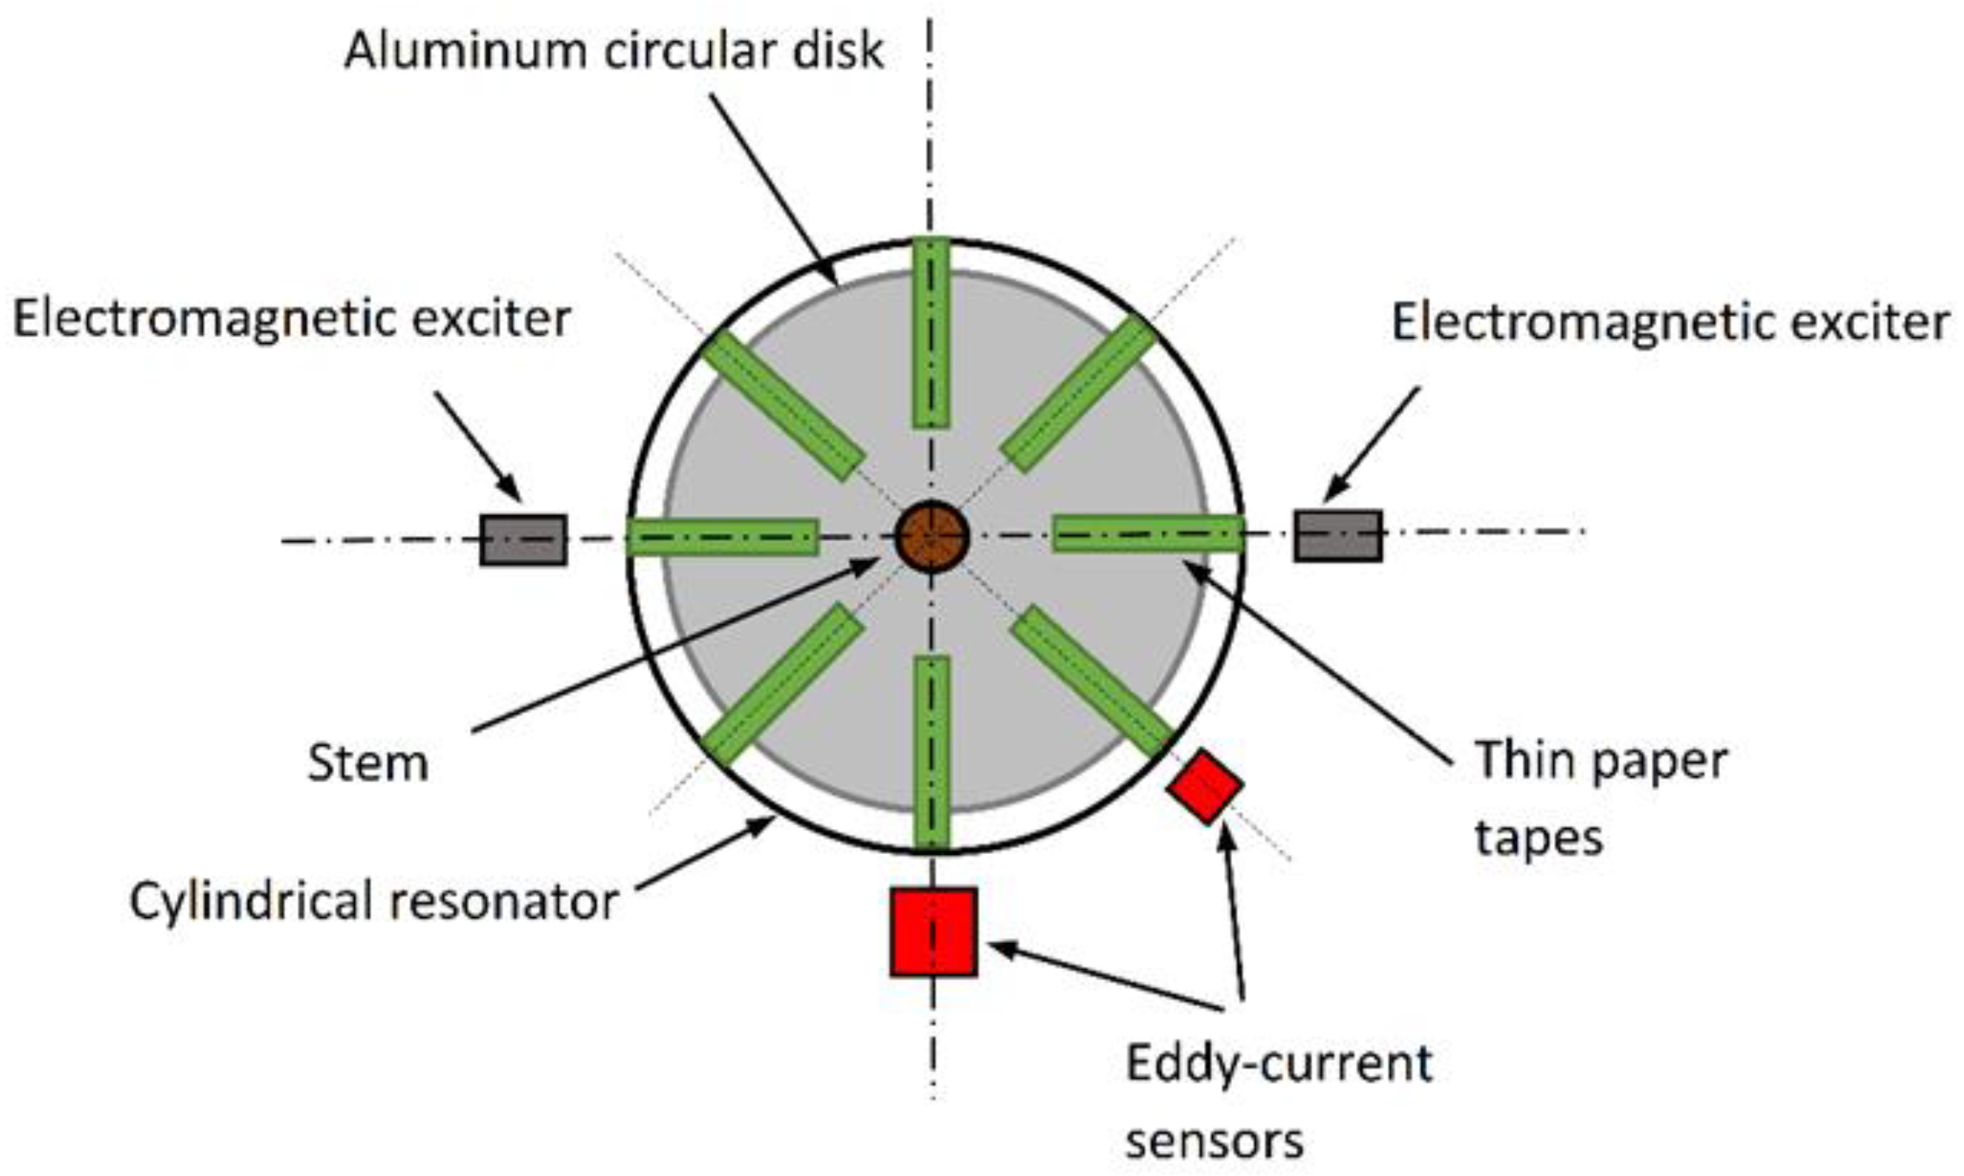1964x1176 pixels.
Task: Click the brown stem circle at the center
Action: tap(931, 536)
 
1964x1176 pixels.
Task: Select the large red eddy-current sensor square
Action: tap(933, 932)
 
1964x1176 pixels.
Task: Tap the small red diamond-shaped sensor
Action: tap(1204, 786)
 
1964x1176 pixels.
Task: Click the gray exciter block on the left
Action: tap(523, 539)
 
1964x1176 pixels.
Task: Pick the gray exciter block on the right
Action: tap(1337, 535)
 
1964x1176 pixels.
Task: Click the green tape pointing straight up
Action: tap(931, 332)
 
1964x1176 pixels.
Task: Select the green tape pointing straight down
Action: tap(932, 751)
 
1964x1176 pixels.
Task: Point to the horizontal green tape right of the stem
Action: tap(1147, 534)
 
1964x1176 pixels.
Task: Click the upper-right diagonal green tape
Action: tap(1079, 394)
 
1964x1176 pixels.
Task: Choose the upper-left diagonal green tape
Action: tap(783, 406)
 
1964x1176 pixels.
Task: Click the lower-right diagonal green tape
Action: tap(1091, 680)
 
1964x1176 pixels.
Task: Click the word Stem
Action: tap(368, 763)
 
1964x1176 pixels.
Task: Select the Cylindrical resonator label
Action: tap(374, 901)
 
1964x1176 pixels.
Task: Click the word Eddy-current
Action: tap(1278, 1063)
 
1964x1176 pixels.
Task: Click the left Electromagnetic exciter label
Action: tap(292, 319)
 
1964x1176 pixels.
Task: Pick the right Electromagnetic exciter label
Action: tap(1670, 322)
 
